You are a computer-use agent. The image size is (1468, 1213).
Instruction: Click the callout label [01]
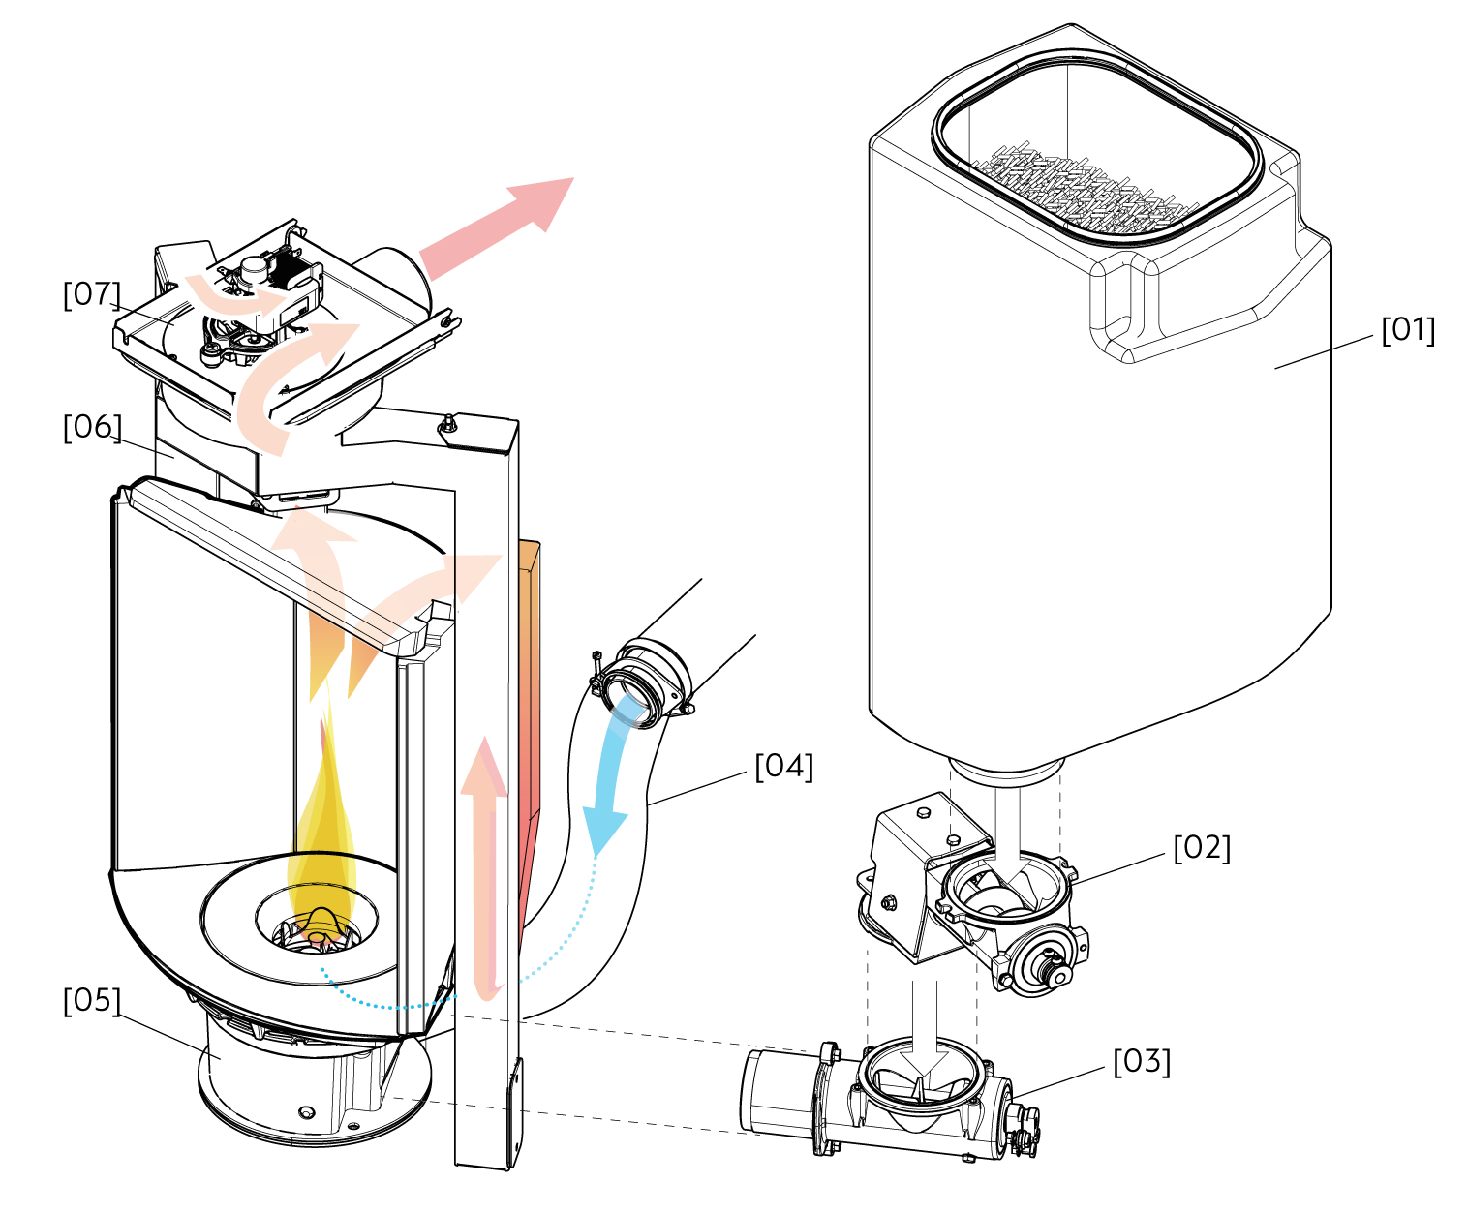pos(1408,330)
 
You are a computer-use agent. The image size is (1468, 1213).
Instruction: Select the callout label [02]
pos(1203,848)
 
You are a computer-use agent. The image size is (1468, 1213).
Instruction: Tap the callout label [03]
pos(1142,1061)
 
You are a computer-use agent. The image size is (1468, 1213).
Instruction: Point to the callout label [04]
pos(784,766)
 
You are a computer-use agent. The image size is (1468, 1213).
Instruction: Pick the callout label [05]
pos(92,1000)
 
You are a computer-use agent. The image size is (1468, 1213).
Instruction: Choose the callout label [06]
pos(92,427)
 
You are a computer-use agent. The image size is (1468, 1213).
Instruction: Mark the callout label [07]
pos(92,293)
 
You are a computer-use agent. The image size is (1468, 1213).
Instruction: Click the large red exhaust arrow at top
pos(497,228)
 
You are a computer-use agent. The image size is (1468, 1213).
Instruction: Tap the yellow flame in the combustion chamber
pos(321,830)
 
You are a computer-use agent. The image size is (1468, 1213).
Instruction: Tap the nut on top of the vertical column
pos(447,424)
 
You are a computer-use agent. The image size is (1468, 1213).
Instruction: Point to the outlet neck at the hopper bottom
pos(1006,770)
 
